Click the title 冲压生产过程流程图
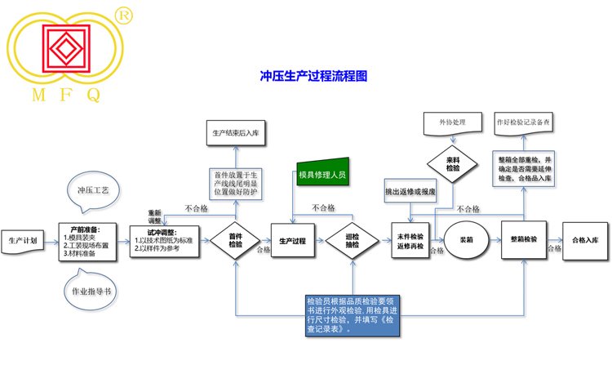pyautogui.click(x=313, y=75)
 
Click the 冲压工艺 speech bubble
pyautogui.click(x=92, y=190)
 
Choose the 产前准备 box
pyautogui.click(x=90, y=241)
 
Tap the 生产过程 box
pyautogui.click(x=293, y=241)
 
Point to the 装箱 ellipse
pyautogui.click(x=467, y=241)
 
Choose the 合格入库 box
pyautogui.click(x=584, y=240)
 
